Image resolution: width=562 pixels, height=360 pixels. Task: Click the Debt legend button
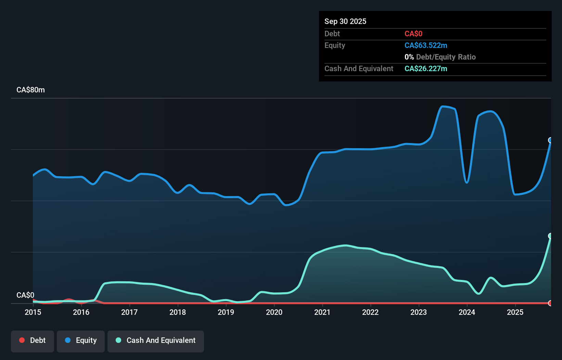click(32, 340)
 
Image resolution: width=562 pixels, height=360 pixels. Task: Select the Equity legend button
click(81, 340)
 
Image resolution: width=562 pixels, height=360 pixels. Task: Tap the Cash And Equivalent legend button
click(156, 340)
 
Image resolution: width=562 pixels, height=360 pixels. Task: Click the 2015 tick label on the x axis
click(33, 312)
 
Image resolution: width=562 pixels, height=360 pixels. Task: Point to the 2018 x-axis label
click(178, 312)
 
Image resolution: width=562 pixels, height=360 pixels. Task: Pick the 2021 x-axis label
click(322, 312)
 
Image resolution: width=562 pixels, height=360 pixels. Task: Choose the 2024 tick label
click(467, 312)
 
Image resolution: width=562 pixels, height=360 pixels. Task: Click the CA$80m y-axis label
click(30, 90)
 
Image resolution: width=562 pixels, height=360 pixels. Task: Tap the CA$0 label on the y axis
click(25, 295)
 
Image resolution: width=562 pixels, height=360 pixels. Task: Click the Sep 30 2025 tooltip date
click(345, 21)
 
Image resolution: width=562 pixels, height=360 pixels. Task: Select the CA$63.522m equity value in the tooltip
click(426, 45)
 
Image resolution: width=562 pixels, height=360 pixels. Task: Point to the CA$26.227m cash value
click(426, 68)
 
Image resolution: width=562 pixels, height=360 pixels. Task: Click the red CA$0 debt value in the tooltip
click(413, 34)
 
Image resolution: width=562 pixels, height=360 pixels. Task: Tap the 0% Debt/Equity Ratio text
click(440, 57)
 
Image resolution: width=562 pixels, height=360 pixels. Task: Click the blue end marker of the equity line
click(550, 140)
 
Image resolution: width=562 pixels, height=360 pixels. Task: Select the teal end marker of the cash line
click(550, 236)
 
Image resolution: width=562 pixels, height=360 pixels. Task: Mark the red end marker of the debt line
click(550, 303)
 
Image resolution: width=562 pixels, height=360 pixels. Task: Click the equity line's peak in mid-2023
click(443, 106)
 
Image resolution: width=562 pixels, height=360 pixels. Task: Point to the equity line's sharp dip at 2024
click(467, 182)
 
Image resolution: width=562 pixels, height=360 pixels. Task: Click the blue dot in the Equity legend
click(68, 340)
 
